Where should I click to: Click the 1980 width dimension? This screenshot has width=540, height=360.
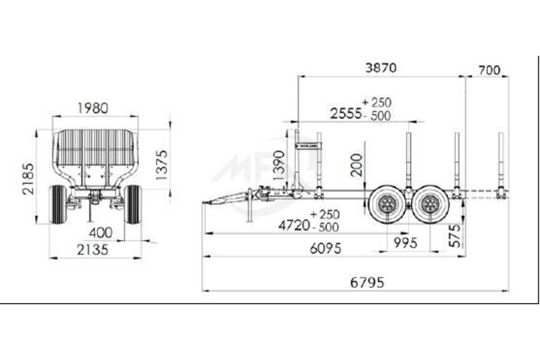click(x=93, y=108)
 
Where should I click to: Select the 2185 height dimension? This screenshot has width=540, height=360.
click(x=28, y=179)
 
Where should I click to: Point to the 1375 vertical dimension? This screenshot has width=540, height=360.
click(x=162, y=165)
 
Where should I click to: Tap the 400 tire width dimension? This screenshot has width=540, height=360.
click(x=101, y=233)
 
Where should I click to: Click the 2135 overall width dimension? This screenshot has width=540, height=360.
click(x=93, y=250)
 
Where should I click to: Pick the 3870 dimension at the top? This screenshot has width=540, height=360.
click(x=381, y=68)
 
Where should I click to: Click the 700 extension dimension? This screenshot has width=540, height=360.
click(x=490, y=70)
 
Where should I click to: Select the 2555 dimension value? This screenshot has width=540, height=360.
click(x=346, y=113)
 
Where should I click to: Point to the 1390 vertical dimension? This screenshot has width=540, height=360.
click(x=279, y=165)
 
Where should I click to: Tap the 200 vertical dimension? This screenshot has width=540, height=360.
click(x=356, y=165)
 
